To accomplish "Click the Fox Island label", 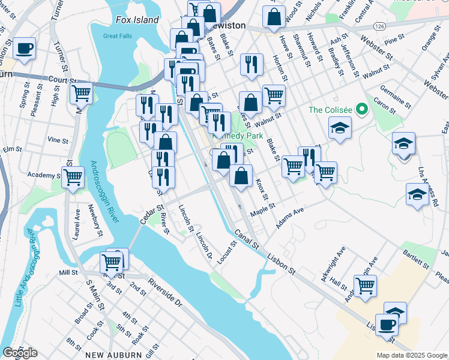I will pyautogui.click(x=137, y=20).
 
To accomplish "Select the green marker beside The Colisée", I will pyautogui.click(x=361, y=110).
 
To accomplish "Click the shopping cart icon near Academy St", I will pyautogui.click(x=73, y=176).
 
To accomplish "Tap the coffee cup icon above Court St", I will pyautogui.click(x=25, y=48).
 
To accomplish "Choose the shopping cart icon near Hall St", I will pyautogui.click(x=365, y=286).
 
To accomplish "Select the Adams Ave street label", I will pyautogui.click(x=291, y=218).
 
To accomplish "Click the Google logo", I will pyautogui.click(x=20, y=353).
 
